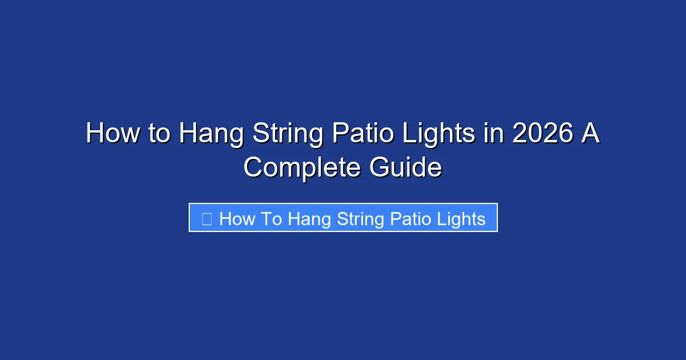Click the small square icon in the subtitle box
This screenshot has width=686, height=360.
(207, 218)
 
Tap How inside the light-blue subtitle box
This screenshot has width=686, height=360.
(236, 218)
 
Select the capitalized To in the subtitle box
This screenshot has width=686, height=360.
(272, 218)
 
